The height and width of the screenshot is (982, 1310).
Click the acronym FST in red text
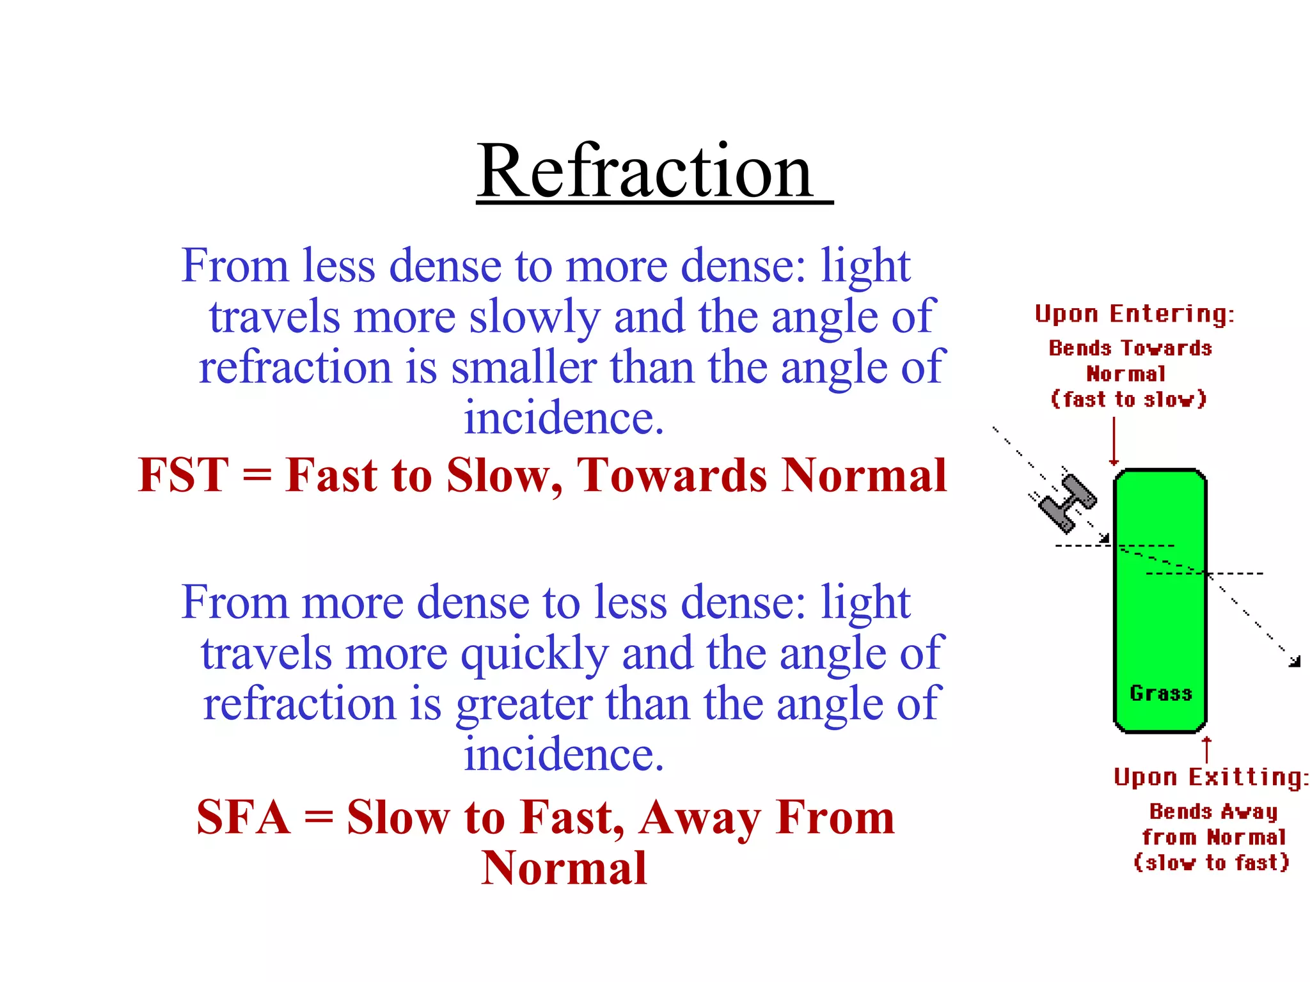183,476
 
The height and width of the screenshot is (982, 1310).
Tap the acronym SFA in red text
243,818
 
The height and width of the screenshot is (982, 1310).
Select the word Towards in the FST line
672,476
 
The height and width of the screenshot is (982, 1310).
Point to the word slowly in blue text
535,317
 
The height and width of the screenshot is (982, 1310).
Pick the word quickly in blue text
535,654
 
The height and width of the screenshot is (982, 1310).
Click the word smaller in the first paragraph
523,368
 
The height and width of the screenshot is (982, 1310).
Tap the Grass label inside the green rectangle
1161,693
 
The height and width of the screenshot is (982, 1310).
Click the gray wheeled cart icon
1067,503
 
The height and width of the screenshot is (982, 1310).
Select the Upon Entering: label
1134,314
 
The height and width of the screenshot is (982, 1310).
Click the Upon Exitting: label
1211,777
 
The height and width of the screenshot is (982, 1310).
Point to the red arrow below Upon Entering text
1114,441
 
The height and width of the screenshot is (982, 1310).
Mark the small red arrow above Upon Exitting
1206,749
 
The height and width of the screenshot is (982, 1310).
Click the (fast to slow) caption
1129,400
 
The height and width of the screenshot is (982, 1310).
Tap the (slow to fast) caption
1211,863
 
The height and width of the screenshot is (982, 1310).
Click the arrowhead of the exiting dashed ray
1295,661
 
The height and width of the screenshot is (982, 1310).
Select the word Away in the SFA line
700,818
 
